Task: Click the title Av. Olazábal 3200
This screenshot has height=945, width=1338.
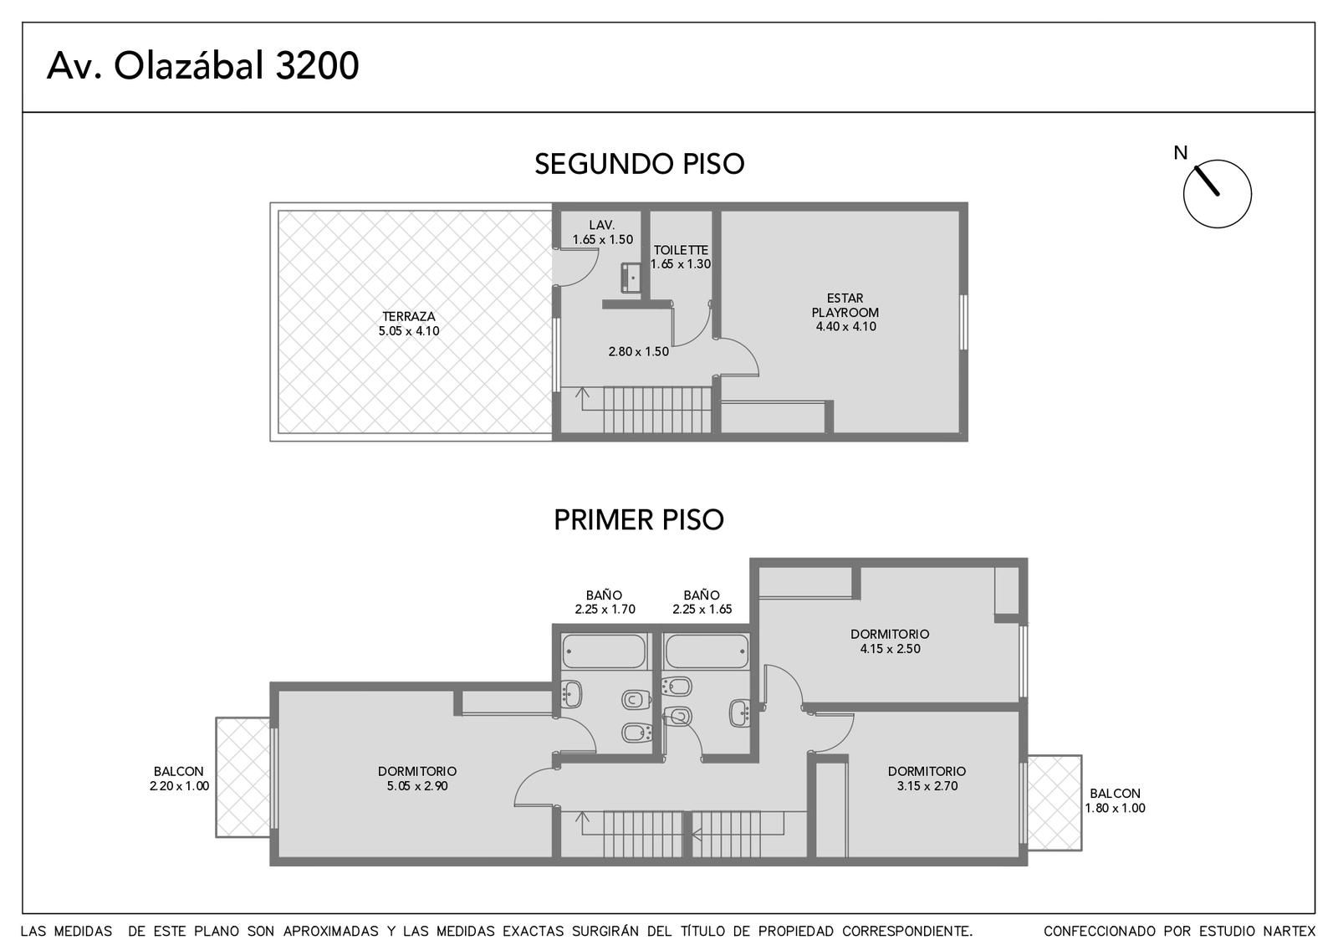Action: [203, 66]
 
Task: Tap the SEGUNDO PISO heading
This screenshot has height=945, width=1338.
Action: [639, 164]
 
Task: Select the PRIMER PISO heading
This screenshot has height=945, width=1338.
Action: [639, 519]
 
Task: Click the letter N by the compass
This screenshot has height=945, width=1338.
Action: [1180, 153]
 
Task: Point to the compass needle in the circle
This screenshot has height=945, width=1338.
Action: [1207, 181]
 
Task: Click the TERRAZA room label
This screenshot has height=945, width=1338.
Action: [409, 324]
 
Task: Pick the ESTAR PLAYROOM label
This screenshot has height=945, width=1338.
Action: [845, 312]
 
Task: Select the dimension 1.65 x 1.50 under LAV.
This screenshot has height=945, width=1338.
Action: [602, 239]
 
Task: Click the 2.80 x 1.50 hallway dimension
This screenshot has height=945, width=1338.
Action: [639, 352]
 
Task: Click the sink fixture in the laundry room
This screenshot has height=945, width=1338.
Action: [631, 278]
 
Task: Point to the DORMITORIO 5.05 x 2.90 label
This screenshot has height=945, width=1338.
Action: [417, 779]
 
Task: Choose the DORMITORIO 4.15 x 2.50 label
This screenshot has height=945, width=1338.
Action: [890, 641]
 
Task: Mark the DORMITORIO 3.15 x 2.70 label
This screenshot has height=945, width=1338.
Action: [927, 779]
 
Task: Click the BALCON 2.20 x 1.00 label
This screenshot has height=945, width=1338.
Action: [179, 779]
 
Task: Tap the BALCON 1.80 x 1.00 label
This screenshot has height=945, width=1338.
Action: [1115, 800]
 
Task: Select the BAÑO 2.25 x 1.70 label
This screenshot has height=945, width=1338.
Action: [605, 601]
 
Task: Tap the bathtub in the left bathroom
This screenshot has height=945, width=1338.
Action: [605, 651]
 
